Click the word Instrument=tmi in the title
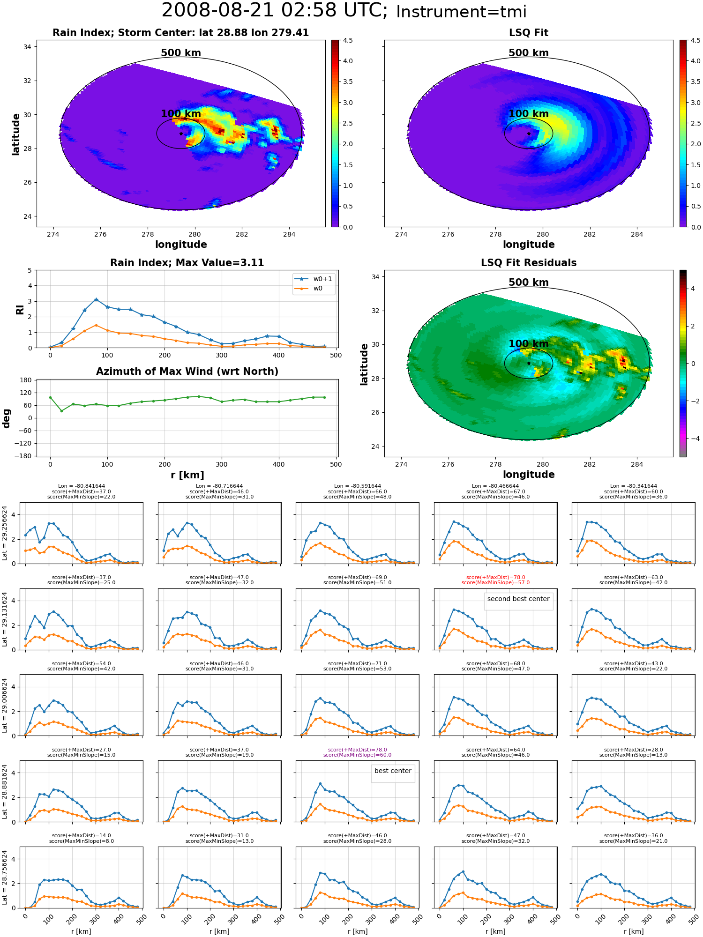[x=461, y=12]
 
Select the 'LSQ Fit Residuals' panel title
[x=529, y=263]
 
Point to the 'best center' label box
[x=393, y=771]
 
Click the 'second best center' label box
[x=518, y=599]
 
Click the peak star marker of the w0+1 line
[x=96, y=300]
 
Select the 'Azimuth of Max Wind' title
[x=187, y=372]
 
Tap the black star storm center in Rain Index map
[x=181, y=134]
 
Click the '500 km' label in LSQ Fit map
[x=529, y=53]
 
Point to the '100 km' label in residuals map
[x=529, y=344]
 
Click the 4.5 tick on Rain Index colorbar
[x=348, y=40]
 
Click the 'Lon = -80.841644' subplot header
[x=82, y=486]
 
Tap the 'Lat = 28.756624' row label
[x=5, y=878]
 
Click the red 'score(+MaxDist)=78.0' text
[x=495, y=578]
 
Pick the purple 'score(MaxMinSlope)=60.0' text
[x=357, y=755]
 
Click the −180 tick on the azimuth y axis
[x=26, y=456]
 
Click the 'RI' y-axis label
[x=20, y=309]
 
